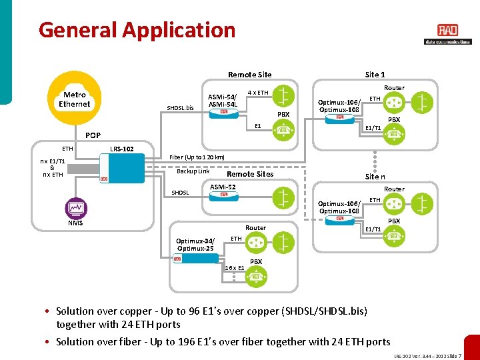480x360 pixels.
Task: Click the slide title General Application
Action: pyautogui.click(x=137, y=30)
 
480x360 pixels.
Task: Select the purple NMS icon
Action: pyautogui.click(x=75, y=209)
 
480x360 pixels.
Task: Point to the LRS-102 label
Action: pyautogui.click(x=121, y=149)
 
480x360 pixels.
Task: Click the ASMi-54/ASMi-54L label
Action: pyautogui.click(x=222, y=100)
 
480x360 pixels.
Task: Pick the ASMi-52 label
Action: pyautogui.click(x=223, y=187)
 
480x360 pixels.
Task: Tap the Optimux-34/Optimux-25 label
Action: pyautogui.click(x=195, y=245)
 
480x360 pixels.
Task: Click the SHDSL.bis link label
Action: pyautogui.click(x=180, y=108)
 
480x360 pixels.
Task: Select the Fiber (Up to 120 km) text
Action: pyautogui.click(x=197, y=157)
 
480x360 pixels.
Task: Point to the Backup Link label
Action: pyautogui.click(x=193, y=171)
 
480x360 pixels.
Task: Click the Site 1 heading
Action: pyautogui.click(x=375, y=75)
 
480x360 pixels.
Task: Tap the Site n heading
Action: pyautogui.click(x=375, y=177)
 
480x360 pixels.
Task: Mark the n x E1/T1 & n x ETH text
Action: pyautogui.click(x=53, y=168)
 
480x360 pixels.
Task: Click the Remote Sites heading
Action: pyautogui.click(x=250, y=174)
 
